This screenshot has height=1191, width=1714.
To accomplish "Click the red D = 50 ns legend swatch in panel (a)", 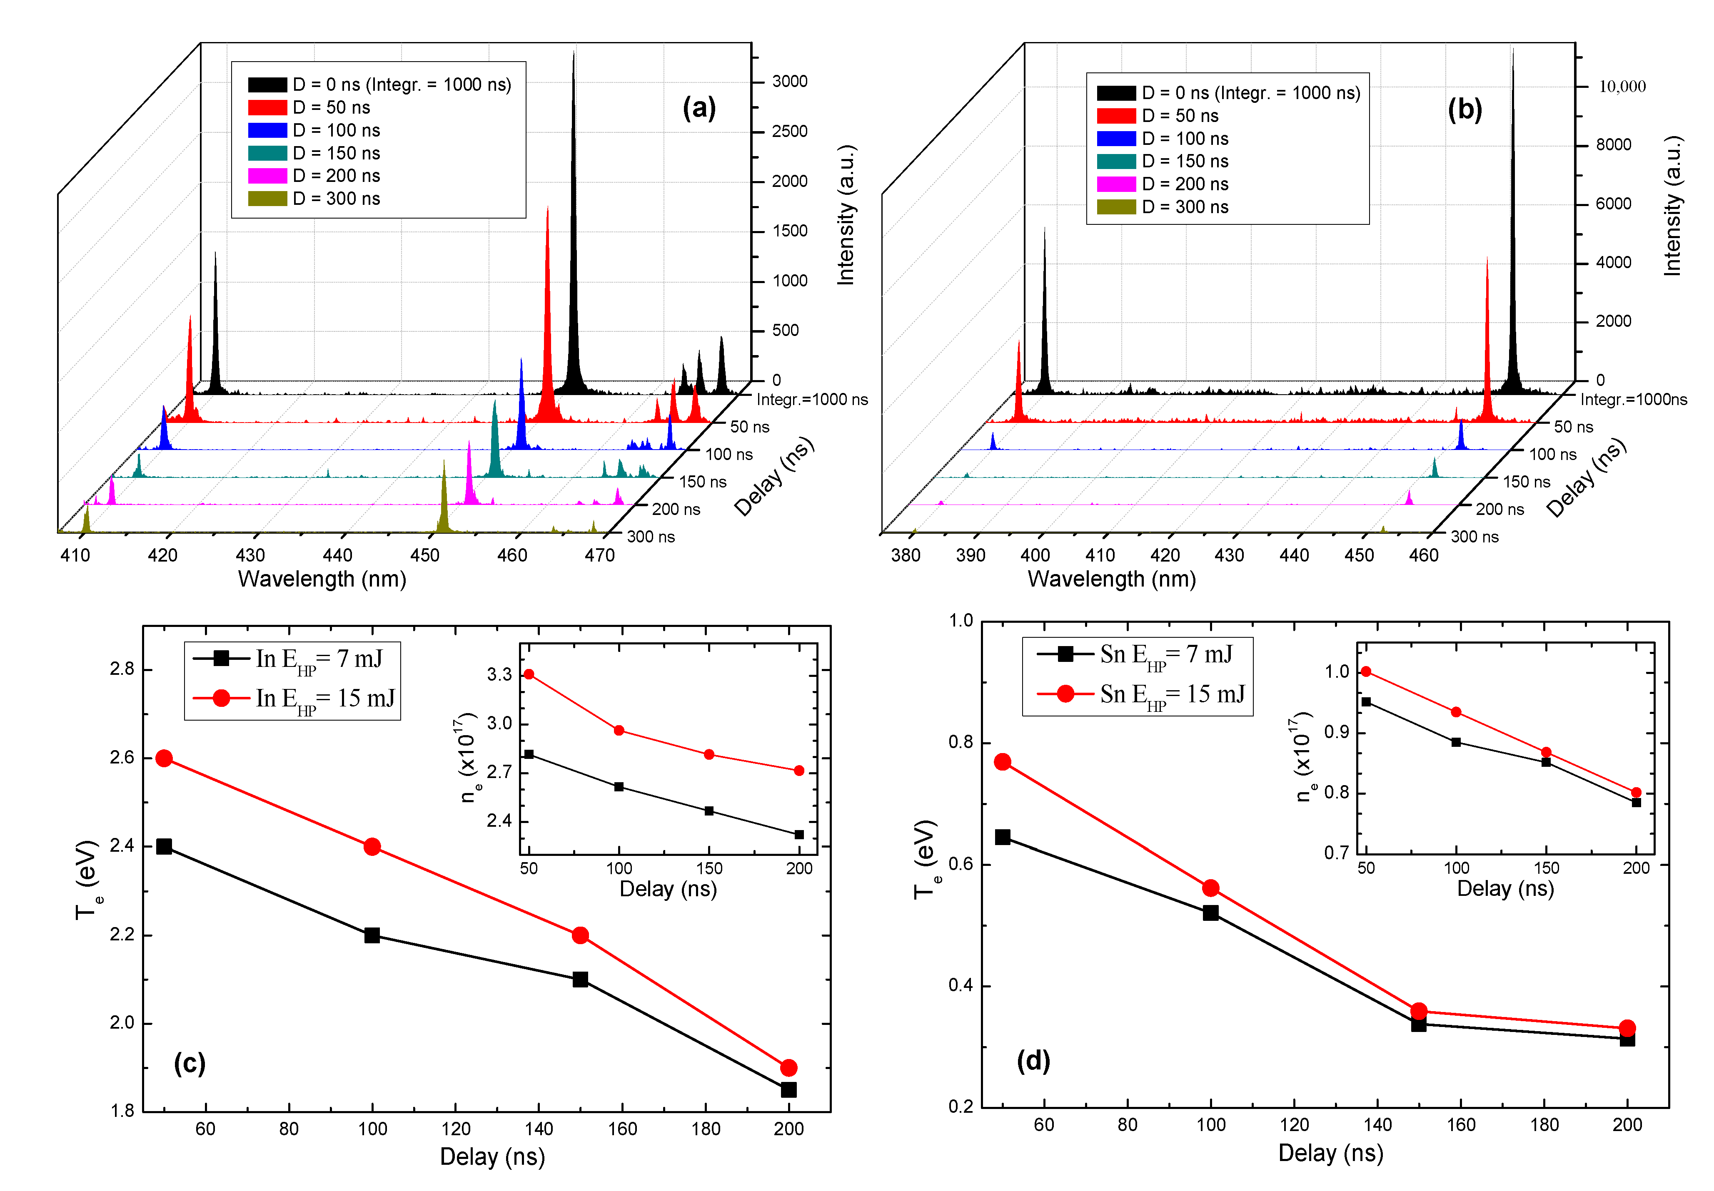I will coord(267,107).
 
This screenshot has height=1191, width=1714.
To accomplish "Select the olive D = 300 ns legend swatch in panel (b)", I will coord(1116,207).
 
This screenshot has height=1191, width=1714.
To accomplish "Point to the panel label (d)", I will coord(1033,1060).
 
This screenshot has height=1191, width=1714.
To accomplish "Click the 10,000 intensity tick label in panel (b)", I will coord(1622,87).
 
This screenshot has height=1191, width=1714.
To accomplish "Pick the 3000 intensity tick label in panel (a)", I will coord(789,81).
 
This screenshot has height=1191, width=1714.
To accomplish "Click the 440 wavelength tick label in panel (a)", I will coord(337,555).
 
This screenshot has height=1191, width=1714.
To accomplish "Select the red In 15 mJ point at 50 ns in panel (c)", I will coord(164,758).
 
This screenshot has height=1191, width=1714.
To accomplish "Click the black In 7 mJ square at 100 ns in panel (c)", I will coord(372,935).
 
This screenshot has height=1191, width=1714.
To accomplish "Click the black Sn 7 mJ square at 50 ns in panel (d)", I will coord(1003,837).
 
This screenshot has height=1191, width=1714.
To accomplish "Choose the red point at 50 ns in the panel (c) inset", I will coord(529,674).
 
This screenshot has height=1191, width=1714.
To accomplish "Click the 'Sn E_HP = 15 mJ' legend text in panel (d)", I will coord(1172,695).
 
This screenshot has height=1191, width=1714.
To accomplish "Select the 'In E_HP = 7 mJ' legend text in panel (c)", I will coord(319,659).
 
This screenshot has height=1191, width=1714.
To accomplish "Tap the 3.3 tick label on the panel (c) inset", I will coord(499,675).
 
